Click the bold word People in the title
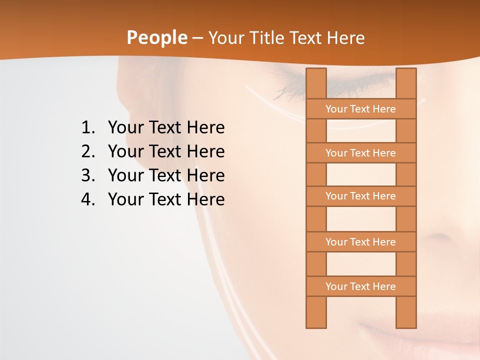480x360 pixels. point(156,38)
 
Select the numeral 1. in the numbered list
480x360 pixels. point(88,128)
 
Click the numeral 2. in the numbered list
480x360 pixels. point(88,151)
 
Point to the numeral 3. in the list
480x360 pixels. point(88,175)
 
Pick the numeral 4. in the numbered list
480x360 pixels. point(88,199)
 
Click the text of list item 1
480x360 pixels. point(166,128)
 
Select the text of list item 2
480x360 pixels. point(166,151)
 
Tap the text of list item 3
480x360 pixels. point(166,175)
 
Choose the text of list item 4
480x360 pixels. point(166,199)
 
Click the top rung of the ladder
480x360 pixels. point(360,109)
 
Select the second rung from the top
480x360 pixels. point(360,153)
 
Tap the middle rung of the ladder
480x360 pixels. point(360,196)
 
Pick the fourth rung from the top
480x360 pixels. point(360,242)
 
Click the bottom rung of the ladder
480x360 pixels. point(360,286)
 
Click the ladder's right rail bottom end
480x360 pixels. point(406,324)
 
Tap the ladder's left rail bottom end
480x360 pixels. point(316,324)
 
